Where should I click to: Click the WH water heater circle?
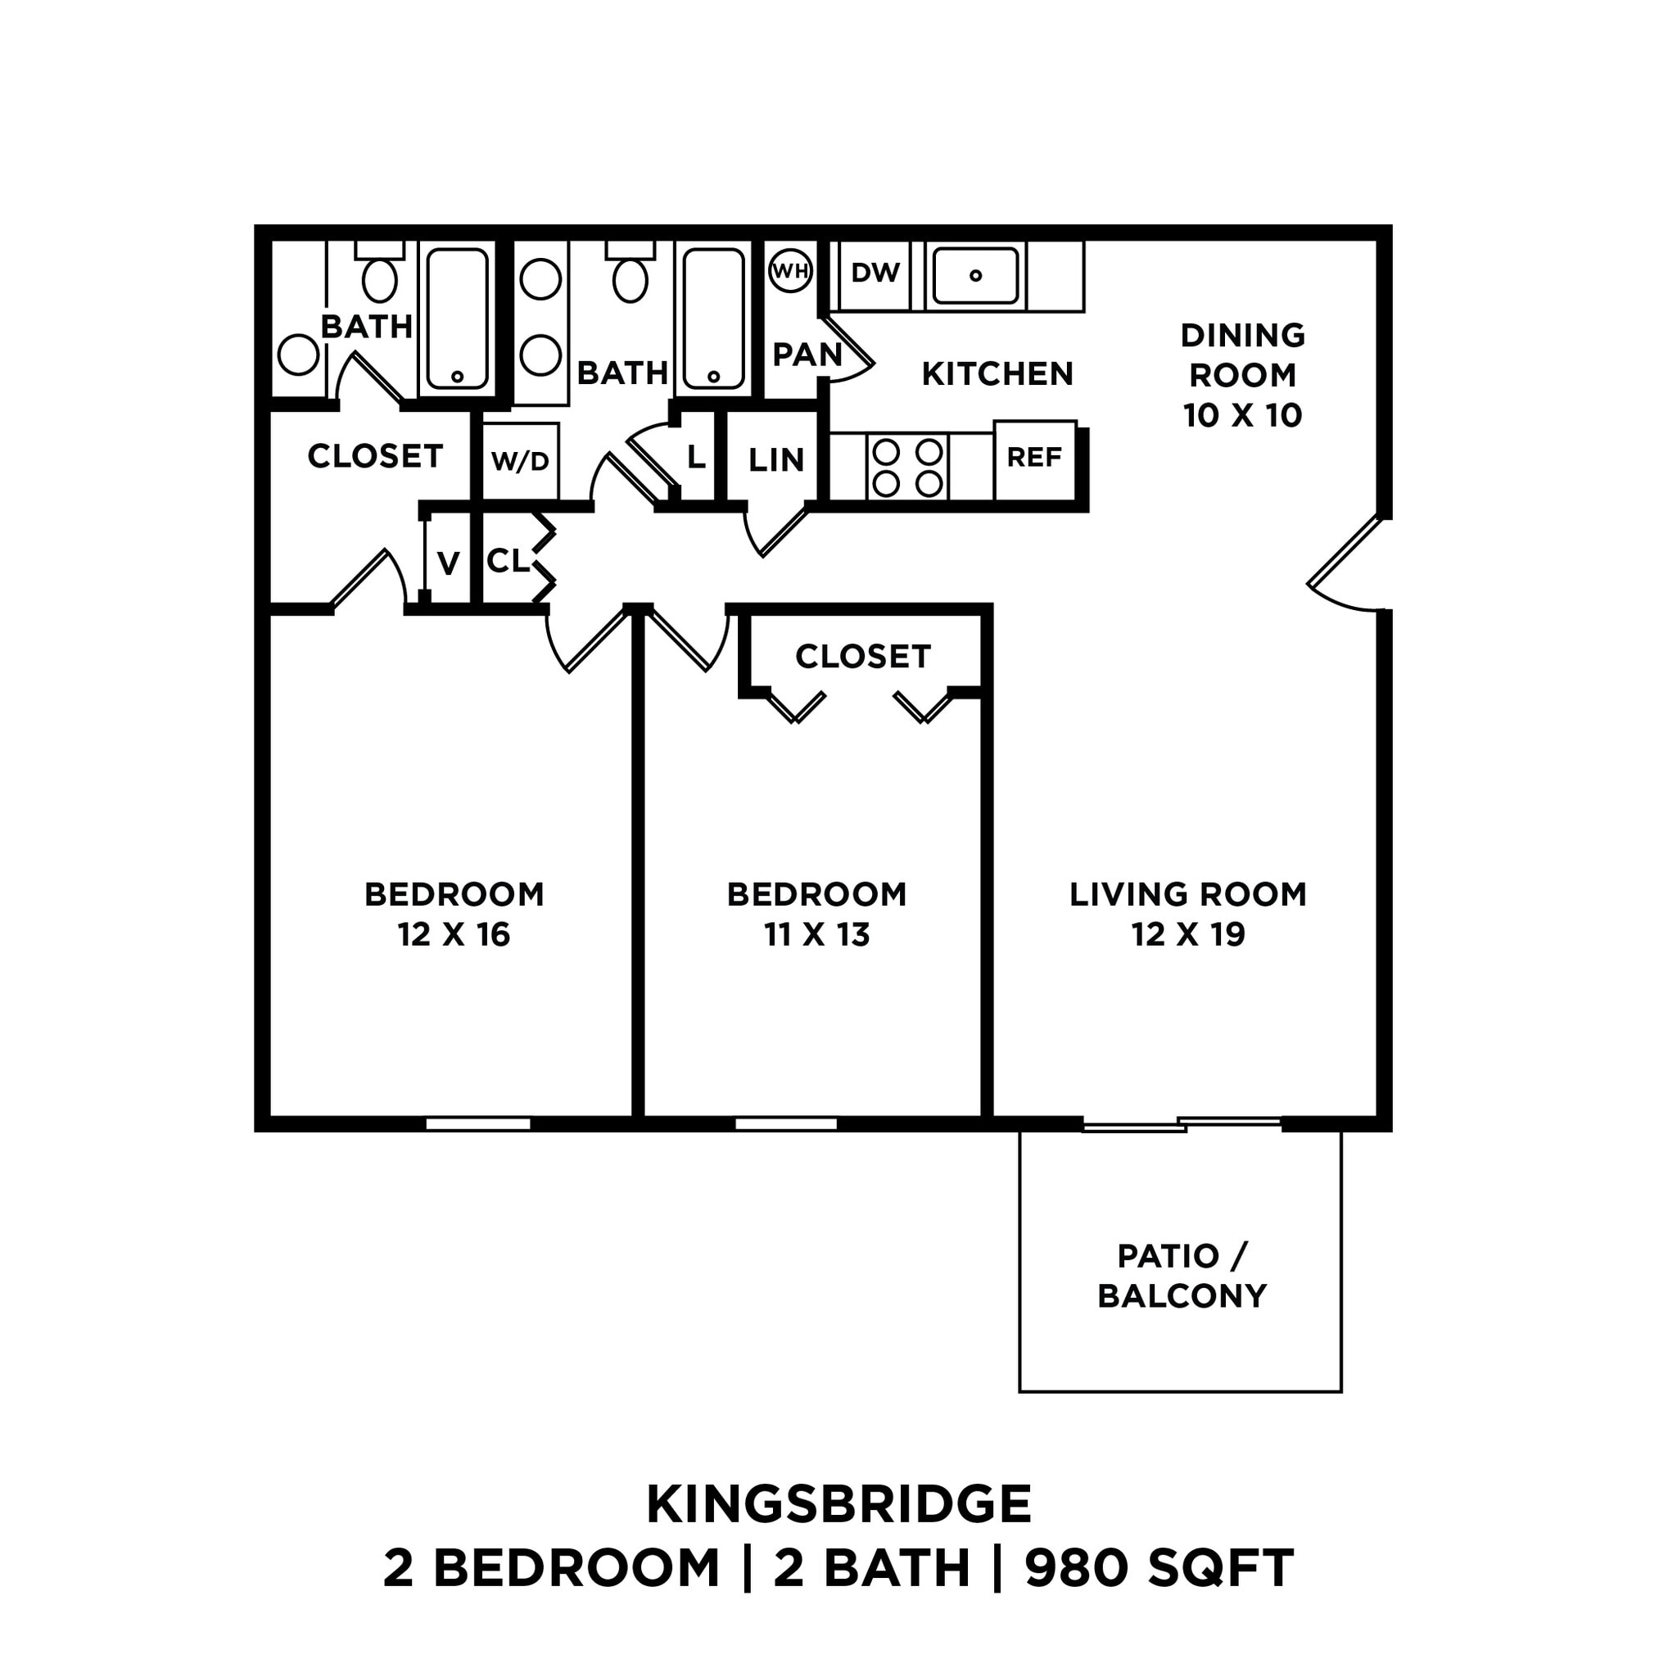coord(790,271)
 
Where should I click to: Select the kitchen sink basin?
coord(974,275)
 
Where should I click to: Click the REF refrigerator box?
coord(1034,458)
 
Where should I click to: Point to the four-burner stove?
coord(907,468)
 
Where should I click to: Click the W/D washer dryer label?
coord(520,461)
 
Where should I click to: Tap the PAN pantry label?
coord(807,354)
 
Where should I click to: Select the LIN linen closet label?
coord(776,460)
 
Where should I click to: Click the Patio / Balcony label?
coord(1181,1275)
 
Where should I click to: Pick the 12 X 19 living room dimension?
coord(1187,935)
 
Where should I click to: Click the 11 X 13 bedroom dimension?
coord(816,935)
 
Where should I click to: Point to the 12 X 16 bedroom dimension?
coord(454,935)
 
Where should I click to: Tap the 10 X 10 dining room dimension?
coord(1242,415)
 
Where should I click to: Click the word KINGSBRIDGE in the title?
coord(838,1505)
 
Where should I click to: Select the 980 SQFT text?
coord(1159,1568)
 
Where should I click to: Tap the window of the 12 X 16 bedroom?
coord(477,1123)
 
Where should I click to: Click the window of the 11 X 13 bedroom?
coord(785,1123)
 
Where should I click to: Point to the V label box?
coord(448,563)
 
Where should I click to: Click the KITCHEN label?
coord(997,374)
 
